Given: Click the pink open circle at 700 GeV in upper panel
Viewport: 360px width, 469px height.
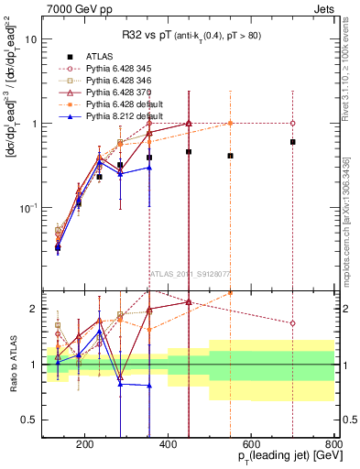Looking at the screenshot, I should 292,123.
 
